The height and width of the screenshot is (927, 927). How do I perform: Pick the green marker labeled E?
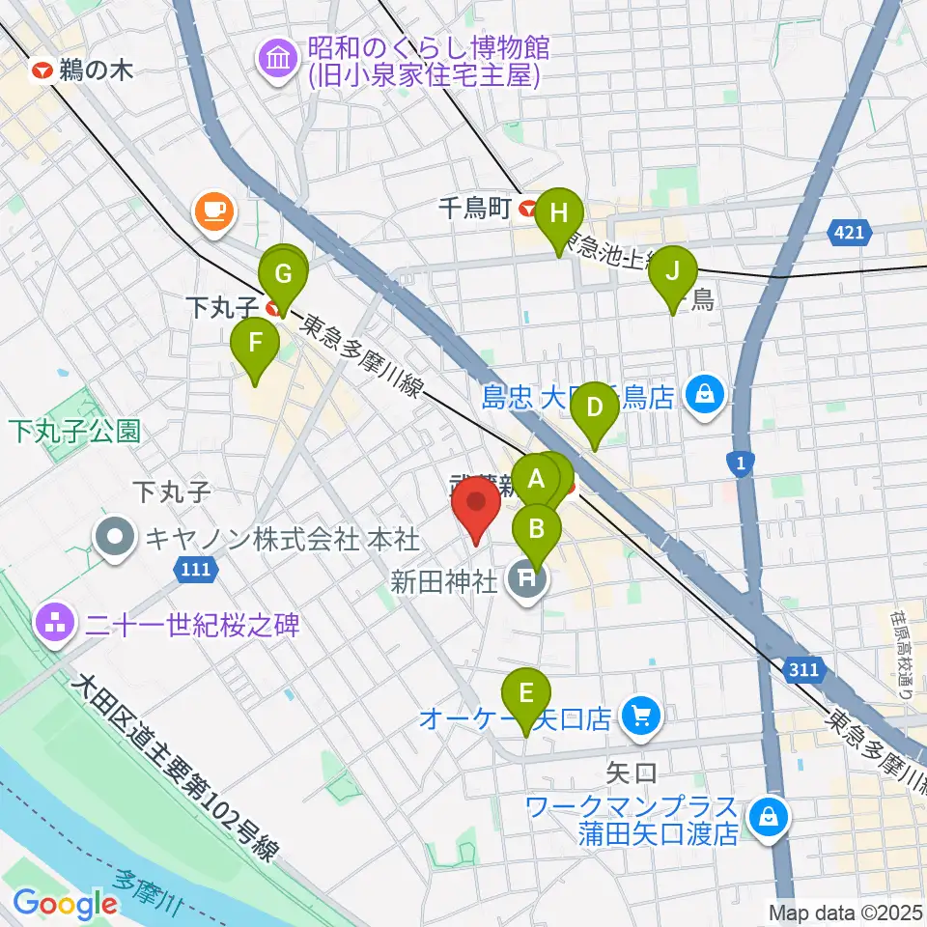[x=526, y=695]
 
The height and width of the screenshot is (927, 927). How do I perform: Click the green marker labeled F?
[x=255, y=345]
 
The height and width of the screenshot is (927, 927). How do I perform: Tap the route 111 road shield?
[x=194, y=571]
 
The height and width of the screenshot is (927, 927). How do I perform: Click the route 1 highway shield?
[x=741, y=465]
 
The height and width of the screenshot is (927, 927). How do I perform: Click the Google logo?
[x=65, y=905]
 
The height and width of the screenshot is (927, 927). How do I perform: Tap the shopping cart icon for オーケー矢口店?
[x=638, y=716]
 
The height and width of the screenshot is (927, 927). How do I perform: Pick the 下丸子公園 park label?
[x=75, y=431]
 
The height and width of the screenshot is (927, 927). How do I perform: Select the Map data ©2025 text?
[x=844, y=911]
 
